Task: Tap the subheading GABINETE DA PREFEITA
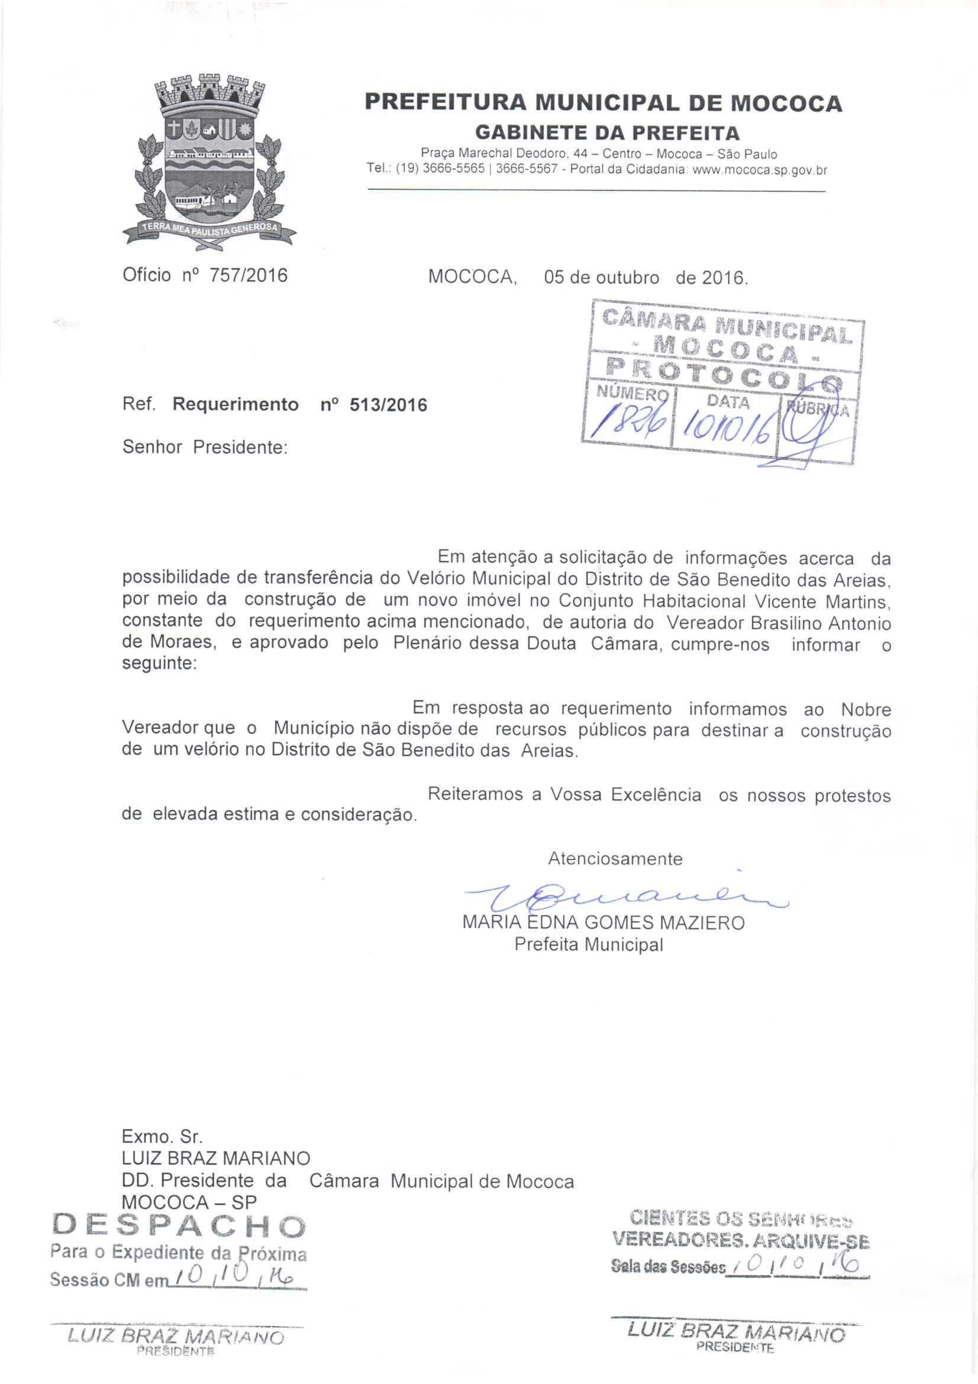tap(608, 132)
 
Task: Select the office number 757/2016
tap(248, 276)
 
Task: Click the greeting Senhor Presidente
tap(204, 448)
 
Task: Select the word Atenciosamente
tap(615, 858)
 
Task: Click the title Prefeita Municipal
tap(589, 945)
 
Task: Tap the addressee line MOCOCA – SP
tap(189, 1202)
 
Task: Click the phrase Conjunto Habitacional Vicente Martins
tap(724, 601)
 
